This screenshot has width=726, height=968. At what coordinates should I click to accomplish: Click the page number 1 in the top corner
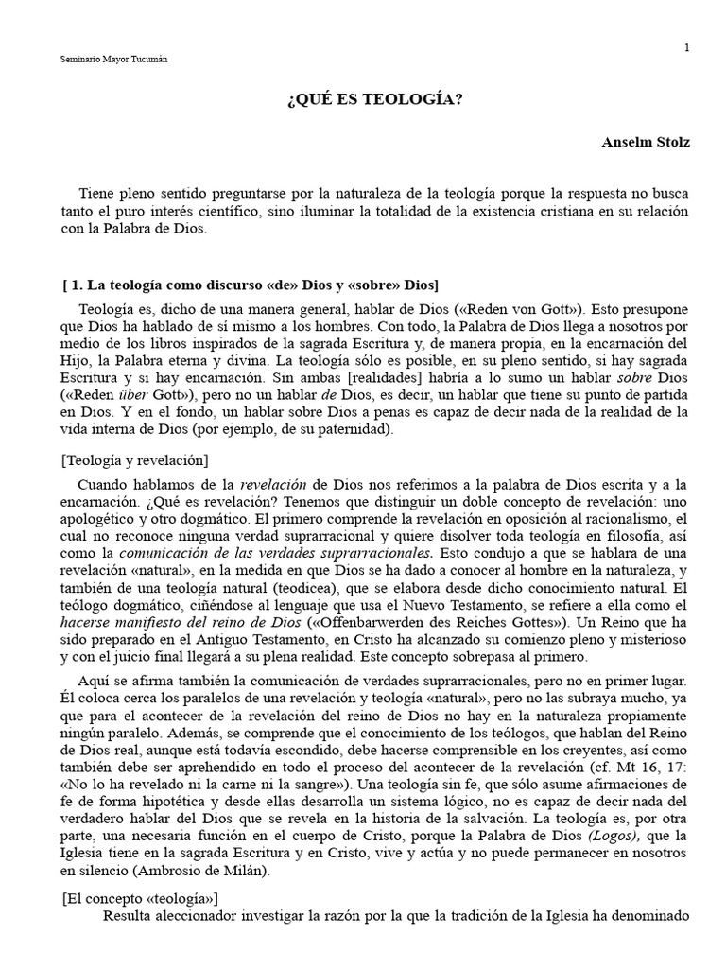point(687,47)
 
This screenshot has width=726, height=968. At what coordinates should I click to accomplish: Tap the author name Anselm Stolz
point(646,143)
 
